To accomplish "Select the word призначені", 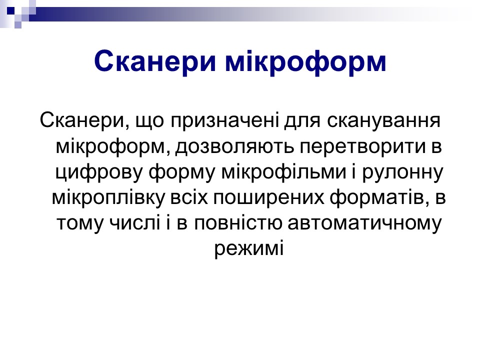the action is (224, 121).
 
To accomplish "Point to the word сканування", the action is (383, 121).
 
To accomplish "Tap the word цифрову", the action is (99, 173).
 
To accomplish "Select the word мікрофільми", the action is (283, 173).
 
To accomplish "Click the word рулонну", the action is (403, 173).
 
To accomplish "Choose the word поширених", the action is (268, 198).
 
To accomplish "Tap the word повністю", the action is (238, 223).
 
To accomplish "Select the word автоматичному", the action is (365, 223).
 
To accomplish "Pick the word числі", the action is (135, 223).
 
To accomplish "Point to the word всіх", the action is (189, 198).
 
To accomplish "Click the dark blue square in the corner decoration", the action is (10, 11).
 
